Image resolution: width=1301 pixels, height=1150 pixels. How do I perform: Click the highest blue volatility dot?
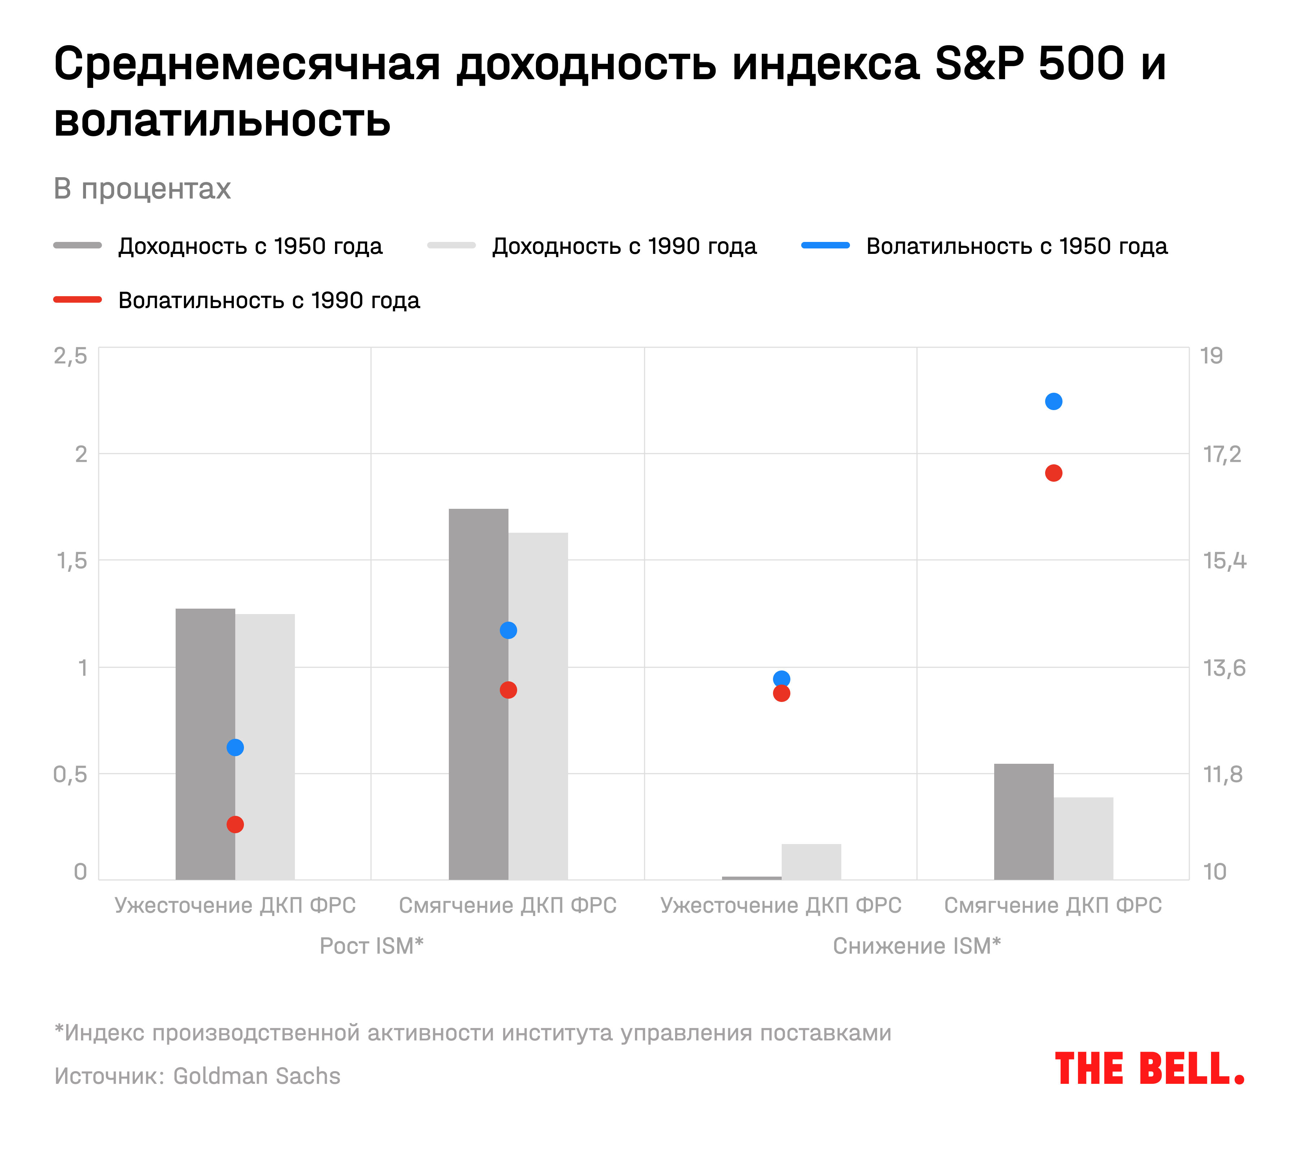click(1053, 401)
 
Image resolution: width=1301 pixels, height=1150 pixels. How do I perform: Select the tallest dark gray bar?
click(478, 694)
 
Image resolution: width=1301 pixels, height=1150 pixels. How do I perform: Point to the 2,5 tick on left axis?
click(70, 356)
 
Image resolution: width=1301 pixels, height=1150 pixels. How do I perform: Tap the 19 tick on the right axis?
click(1211, 356)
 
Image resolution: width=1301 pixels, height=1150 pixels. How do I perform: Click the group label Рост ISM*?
click(371, 946)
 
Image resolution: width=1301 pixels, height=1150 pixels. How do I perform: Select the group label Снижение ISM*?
click(916, 946)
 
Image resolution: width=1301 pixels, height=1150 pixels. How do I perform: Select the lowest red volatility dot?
click(235, 825)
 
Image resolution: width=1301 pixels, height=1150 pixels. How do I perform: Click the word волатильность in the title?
click(222, 120)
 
